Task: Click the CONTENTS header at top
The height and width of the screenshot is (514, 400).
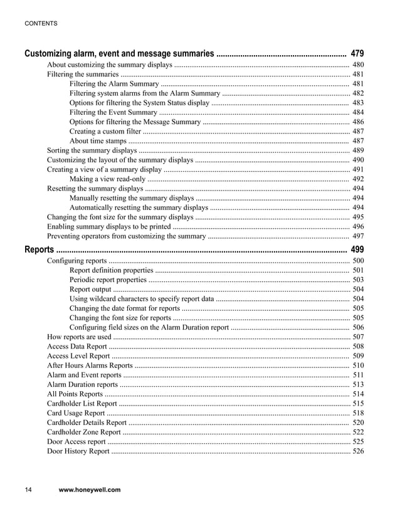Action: pos(41,23)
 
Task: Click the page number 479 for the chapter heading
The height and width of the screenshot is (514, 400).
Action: pos(357,53)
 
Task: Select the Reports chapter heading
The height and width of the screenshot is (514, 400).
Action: pos(39,249)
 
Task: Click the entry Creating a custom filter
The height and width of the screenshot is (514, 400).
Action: pos(105,132)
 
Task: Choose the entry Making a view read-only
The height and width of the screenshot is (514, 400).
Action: pos(107,179)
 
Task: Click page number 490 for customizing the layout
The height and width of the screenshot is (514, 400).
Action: pos(358,160)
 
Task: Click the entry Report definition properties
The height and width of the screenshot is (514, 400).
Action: pos(111,270)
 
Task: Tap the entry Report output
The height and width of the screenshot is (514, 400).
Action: pos(90,289)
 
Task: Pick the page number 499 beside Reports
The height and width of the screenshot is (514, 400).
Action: pos(357,249)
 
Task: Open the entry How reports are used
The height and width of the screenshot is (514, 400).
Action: pos(79,337)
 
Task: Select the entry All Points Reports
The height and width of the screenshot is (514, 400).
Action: pos(75,394)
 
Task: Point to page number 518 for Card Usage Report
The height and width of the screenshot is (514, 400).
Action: pos(358,413)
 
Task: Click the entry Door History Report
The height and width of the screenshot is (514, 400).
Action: pos(78,451)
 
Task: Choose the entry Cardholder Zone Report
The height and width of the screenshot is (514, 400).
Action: pos(84,432)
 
